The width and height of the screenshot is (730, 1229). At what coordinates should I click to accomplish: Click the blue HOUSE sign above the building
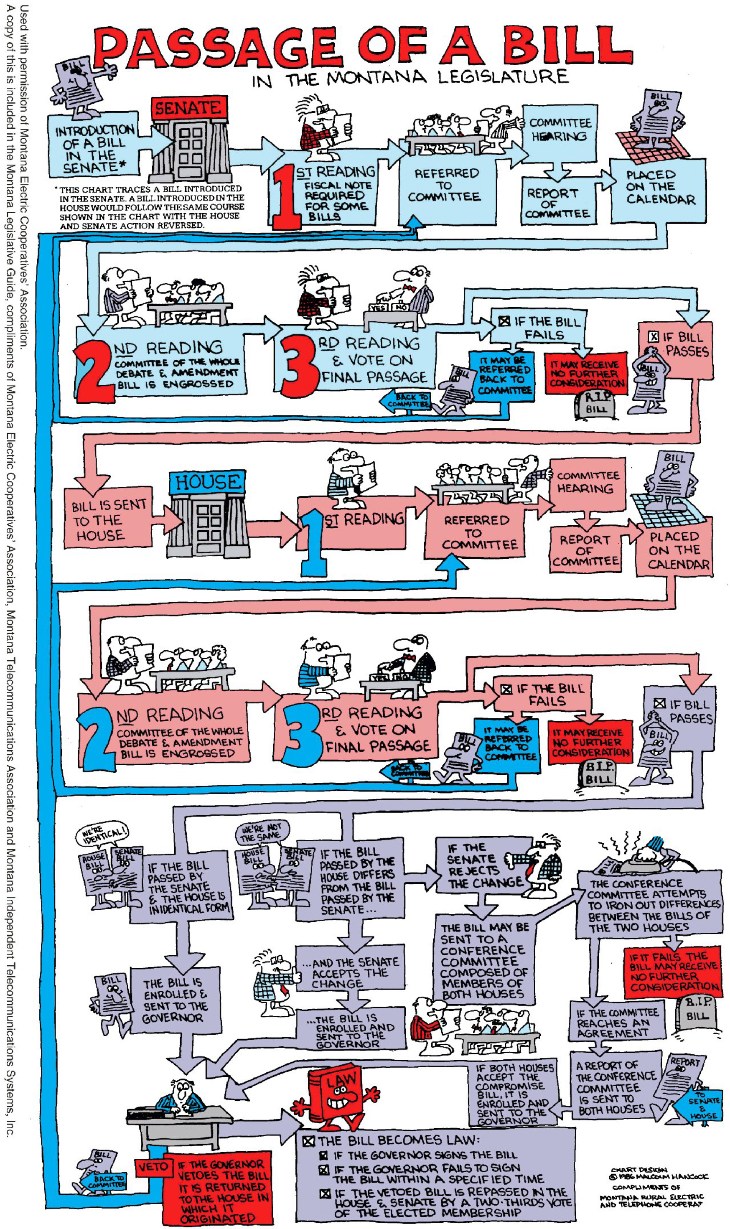208,482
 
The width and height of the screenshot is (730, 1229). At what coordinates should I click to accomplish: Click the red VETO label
153,1167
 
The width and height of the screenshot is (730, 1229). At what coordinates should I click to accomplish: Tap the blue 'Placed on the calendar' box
659,189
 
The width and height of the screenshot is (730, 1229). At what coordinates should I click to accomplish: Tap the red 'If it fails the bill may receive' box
674,972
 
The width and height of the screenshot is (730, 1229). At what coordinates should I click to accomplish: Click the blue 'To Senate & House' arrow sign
701,1107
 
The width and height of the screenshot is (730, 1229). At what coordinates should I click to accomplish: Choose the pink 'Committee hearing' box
588,482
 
